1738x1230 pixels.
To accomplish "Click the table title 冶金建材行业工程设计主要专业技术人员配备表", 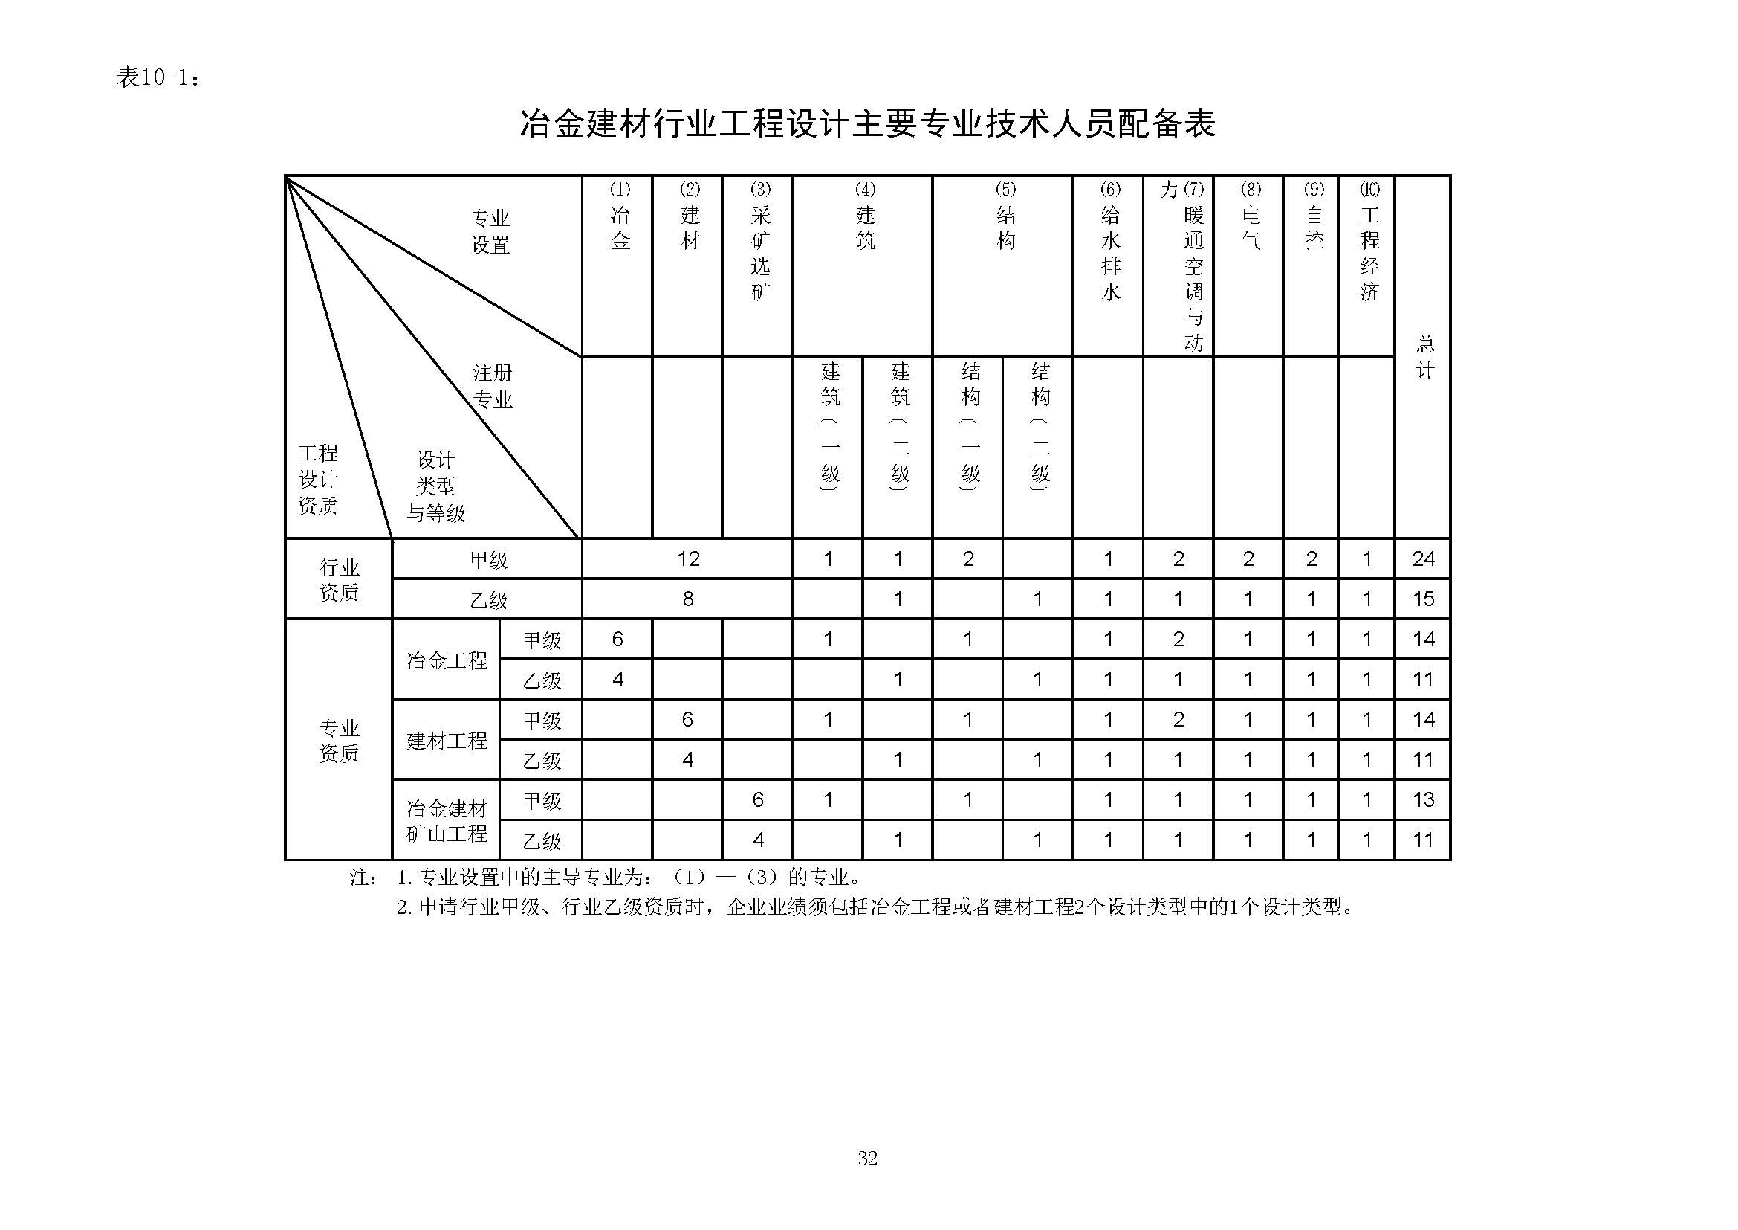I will click(867, 123).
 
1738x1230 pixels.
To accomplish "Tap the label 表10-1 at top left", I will click(158, 77).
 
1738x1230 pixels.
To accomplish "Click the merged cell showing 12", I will click(687, 559).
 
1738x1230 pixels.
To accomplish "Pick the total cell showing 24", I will click(1423, 559).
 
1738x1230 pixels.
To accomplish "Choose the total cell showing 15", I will click(1423, 599).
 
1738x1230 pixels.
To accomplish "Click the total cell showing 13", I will click(1423, 800).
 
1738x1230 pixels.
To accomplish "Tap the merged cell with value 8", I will click(687, 599).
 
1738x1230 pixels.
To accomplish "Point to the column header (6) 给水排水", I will click(1109, 242).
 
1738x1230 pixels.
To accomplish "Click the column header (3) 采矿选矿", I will click(759, 242).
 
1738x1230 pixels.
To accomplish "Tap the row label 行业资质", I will click(338, 579).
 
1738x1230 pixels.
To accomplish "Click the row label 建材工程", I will click(447, 740).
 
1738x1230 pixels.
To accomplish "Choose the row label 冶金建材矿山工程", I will click(447, 821).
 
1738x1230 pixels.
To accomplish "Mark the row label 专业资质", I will click(338, 740).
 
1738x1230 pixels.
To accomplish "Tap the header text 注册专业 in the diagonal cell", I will click(492, 386).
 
